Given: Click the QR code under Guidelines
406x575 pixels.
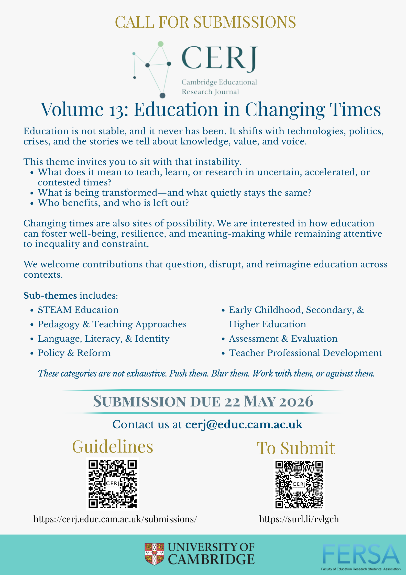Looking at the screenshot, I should pyautogui.click(x=113, y=484).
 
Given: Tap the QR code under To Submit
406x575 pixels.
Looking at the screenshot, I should pyautogui.click(x=299, y=484).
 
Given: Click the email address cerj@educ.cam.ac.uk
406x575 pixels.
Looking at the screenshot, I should pyautogui.click(x=244, y=424).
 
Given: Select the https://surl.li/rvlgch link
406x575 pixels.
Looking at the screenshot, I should pyautogui.click(x=299, y=519).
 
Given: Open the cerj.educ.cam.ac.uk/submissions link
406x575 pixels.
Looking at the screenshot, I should pyautogui.click(x=115, y=519).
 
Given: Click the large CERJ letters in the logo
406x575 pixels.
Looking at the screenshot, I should pyautogui.click(x=220, y=58).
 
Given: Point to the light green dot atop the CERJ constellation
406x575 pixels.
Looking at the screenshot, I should pyautogui.click(x=160, y=44).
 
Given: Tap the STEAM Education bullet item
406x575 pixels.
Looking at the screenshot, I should pyautogui.click(x=78, y=310).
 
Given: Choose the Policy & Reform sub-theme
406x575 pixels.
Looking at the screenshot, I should pyautogui.click(x=74, y=353).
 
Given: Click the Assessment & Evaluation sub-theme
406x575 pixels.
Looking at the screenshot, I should pyautogui.click(x=283, y=339).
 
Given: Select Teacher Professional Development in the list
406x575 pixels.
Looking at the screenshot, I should pyautogui.click(x=305, y=353).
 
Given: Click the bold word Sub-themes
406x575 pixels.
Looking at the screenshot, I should pyautogui.click(x=50, y=296).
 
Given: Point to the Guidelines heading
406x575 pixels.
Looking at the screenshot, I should pyautogui.click(x=113, y=447).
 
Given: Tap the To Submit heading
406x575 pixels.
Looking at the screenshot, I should pyautogui.click(x=296, y=448).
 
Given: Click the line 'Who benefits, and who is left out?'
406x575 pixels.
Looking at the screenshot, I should pyautogui.click(x=113, y=203).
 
